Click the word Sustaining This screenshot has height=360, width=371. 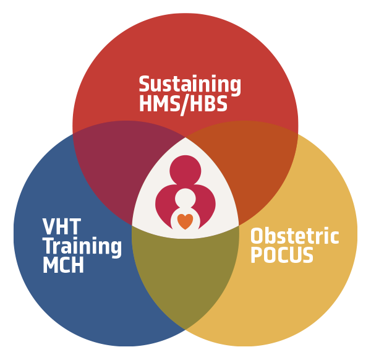pos(190,85)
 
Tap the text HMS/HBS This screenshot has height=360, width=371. pos(184,104)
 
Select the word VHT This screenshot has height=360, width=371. pos(62,226)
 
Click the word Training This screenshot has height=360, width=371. pos(82,247)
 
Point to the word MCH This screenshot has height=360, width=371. pos(64,265)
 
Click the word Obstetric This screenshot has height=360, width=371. pos(295,236)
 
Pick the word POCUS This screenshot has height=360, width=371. pos(282,255)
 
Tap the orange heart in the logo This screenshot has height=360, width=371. pos(185,221)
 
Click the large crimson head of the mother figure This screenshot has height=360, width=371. pos(185,171)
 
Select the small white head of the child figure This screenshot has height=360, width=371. pos(185,199)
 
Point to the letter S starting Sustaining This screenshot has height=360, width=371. pos(145,84)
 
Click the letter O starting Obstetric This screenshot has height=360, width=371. pos(256,236)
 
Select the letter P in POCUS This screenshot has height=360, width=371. pos(255,255)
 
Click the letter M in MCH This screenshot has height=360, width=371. pos(50,265)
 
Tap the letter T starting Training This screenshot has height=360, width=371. pos(49,246)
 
